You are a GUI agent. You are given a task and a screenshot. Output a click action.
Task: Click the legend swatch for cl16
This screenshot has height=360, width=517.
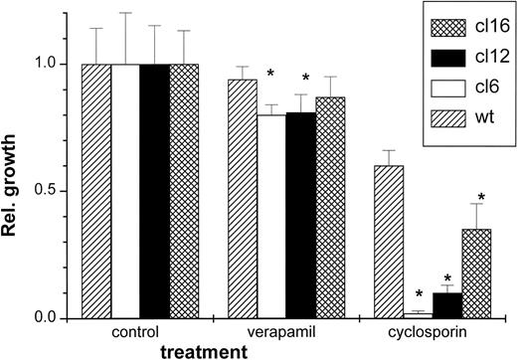click(437, 31)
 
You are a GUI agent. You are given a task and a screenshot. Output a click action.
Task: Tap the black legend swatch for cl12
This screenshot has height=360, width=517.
click(437, 60)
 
